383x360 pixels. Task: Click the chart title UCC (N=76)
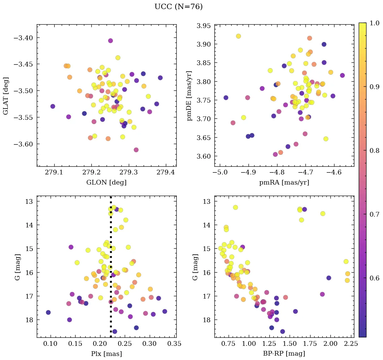(178, 7)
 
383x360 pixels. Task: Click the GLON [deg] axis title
(107, 183)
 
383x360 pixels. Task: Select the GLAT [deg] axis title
(6, 96)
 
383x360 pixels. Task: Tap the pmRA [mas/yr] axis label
(284, 183)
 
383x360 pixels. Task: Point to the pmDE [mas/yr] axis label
(189, 96)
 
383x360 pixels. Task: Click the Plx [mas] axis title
(107, 354)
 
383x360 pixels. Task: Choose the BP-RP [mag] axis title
(284, 354)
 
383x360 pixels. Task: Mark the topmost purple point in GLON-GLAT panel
(110, 41)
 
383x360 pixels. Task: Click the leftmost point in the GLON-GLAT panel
(53, 106)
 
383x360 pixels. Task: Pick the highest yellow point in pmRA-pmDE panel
(238, 36)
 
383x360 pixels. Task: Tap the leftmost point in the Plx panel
(48, 312)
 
